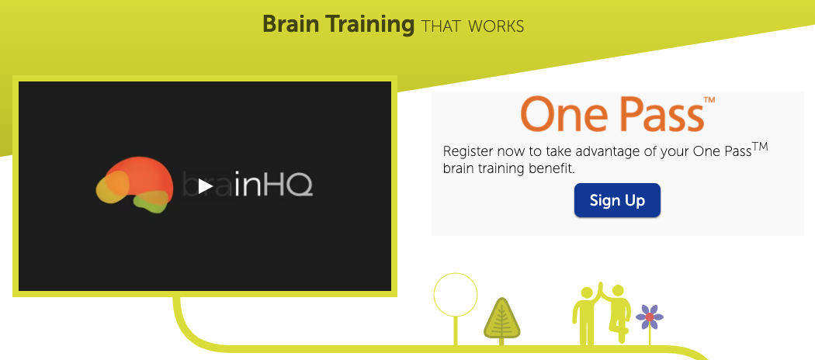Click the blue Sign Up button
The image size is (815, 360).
coord(617,200)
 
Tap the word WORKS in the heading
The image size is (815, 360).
coord(496,26)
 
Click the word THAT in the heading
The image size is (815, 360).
coord(442,26)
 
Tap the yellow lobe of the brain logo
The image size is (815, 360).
coord(112,187)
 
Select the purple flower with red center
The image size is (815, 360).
coord(649,317)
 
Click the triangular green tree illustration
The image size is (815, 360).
coord(501,318)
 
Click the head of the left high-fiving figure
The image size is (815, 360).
coord(586,293)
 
